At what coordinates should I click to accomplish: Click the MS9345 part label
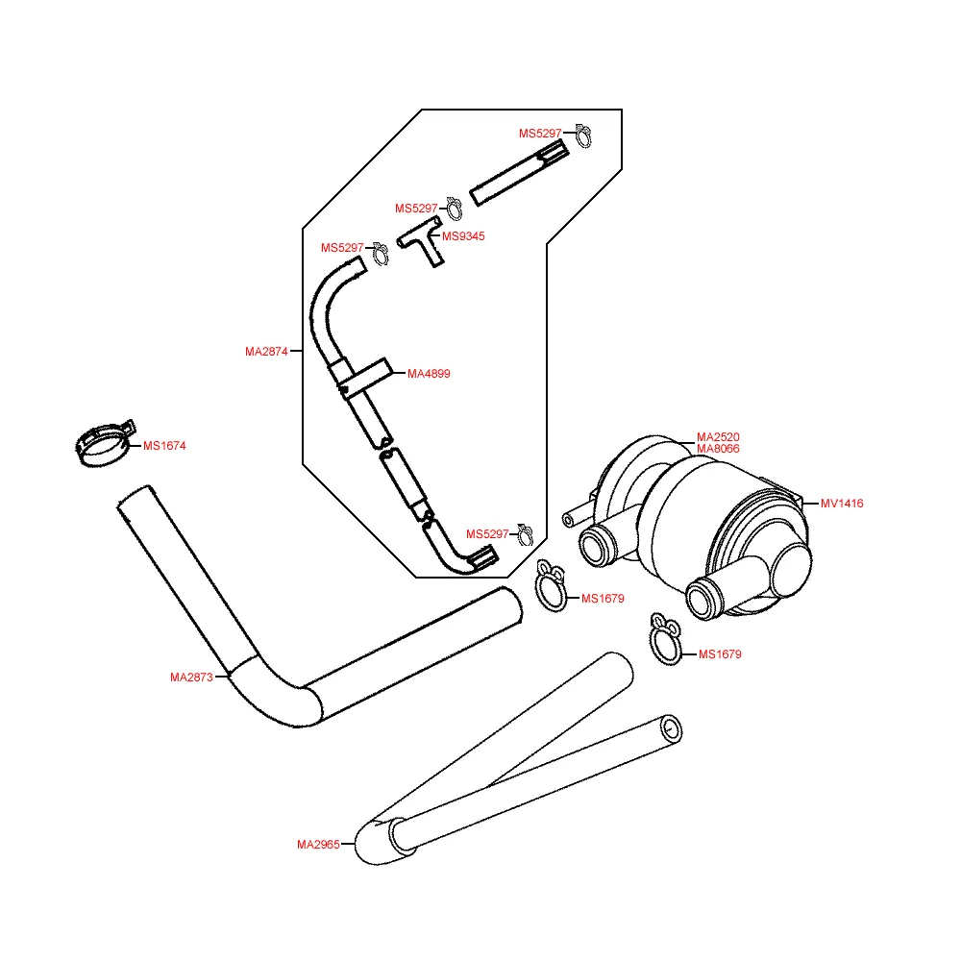pyautogui.click(x=463, y=236)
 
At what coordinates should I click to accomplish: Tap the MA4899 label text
pyautogui.click(x=429, y=374)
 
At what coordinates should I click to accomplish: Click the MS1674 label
pyautogui.click(x=164, y=446)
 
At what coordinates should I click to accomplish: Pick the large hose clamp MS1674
pyautogui.click(x=104, y=445)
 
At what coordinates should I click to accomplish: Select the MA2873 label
pyautogui.click(x=191, y=678)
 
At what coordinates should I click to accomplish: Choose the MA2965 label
pyautogui.click(x=318, y=846)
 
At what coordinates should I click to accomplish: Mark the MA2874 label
pyautogui.click(x=266, y=352)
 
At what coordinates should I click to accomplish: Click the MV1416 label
pyautogui.click(x=842, y=503)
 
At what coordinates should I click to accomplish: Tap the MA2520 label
pyautogui.click(x=718, y=437)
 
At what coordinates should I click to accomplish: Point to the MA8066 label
pyautogui.click(x=718, y=449)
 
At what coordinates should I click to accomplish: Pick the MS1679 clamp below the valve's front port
pyautogui.click(x=665, y=639)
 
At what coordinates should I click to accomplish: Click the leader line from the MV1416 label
pyautogui.click(x=809, y=503)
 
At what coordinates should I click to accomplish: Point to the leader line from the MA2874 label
pyautogui.click(x=296, y=352)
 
